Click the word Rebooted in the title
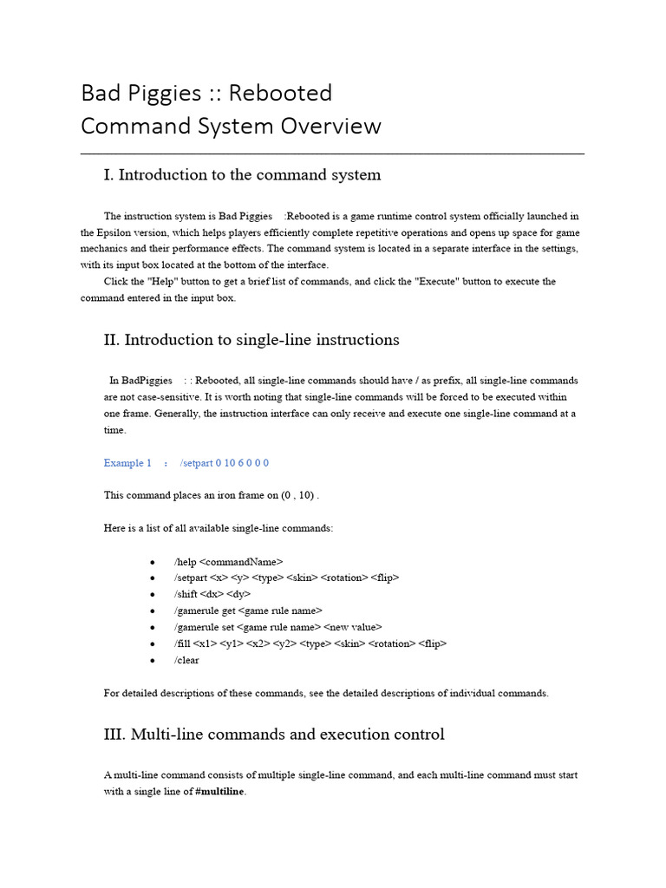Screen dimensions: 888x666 pyautogui.click(x=285, y=93)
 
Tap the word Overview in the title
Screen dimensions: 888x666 pyautogui.click(x=330, y=126)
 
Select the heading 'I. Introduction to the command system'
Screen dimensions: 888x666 pyautogui.click(x=242, y=175)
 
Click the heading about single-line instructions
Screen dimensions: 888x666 pyautogui.click(x=251, y=340)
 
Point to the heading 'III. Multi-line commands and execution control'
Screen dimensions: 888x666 pyautogui.click(x=274, y=735)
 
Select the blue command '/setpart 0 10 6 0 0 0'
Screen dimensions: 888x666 pyautogui.click(x=225, y=463)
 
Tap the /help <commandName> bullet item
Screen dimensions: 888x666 pyautogui.click(x=228, y=561)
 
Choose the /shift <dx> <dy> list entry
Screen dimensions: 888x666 pyautogui.click(x=212, y=594)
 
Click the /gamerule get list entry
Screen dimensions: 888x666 pyautogui.click(x=248, y=610)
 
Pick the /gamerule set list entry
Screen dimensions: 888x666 pyautogui.click(x=277, y=627)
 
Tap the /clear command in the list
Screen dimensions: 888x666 pyautogui.click(x=186, y=660)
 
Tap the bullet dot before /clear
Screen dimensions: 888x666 pyautogui.click(x=153, y=661)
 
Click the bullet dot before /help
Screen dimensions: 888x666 pyautogui.click(x=153, y=562)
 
